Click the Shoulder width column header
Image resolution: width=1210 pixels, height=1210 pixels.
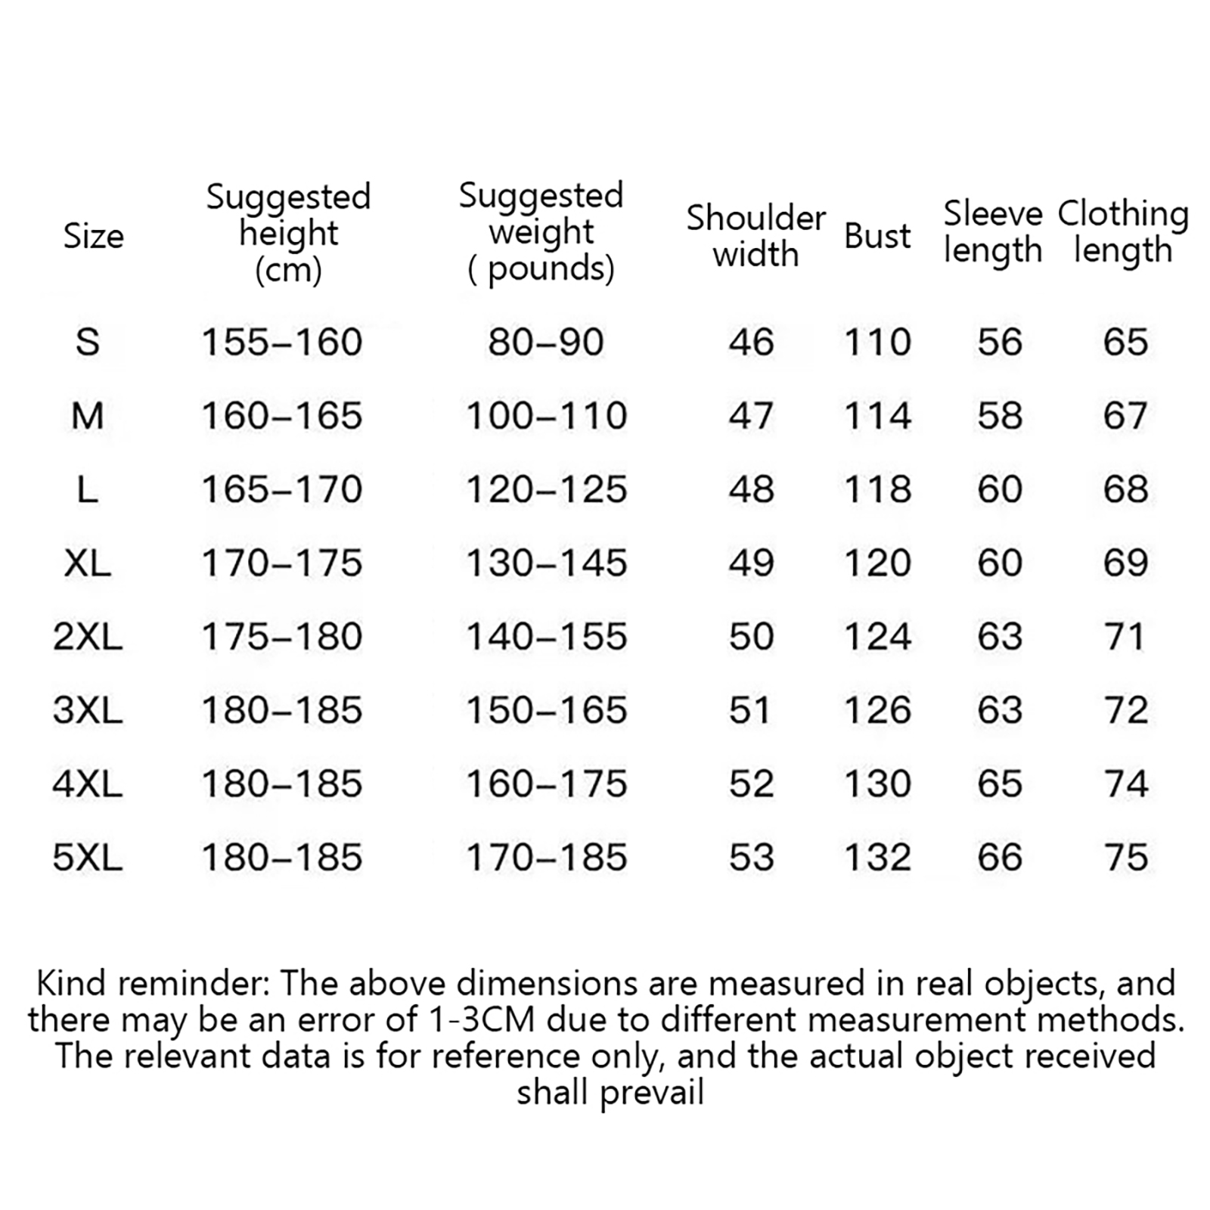[755, 236]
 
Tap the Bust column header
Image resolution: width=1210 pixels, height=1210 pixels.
[877, 236]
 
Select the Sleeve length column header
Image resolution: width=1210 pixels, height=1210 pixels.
[993, 232]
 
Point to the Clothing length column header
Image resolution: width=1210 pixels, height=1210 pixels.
[1123, 232]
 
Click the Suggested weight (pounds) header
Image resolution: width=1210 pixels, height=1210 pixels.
[541, 232]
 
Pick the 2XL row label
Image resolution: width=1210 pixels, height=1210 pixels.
[88, 637]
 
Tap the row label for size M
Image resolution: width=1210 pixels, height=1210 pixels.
[88, 416]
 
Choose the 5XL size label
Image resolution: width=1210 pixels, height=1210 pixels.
[88, 858]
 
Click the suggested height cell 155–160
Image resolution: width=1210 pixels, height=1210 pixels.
[282, 342]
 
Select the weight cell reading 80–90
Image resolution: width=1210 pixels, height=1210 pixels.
[546, 342]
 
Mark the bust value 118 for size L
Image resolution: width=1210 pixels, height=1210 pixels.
[877, 489]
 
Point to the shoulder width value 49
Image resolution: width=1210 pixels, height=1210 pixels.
[751, 563]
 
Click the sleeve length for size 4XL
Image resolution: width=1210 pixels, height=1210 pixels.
[1000, 783]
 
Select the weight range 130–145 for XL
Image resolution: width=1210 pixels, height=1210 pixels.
[546, 563]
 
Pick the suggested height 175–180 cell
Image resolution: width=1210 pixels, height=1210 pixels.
[282, 637]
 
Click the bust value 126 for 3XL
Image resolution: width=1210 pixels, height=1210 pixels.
[877, 710]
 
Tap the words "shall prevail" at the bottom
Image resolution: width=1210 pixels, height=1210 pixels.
[610, 1093]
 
